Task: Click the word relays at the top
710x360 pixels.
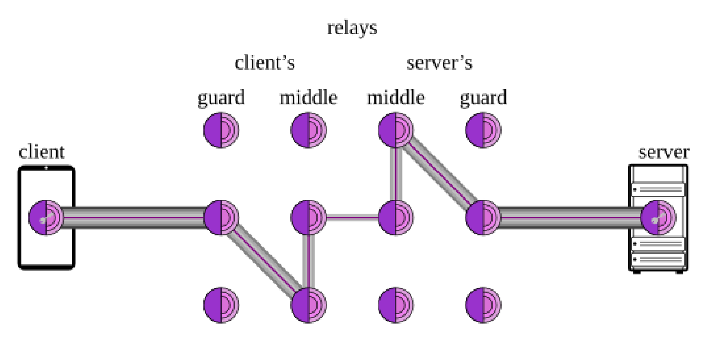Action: tap(352, 28)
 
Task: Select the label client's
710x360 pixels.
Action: tap(265, 63)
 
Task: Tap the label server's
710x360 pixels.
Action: tap(439, 63)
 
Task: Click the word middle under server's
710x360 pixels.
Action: tap(395, 98)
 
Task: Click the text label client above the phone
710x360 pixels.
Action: tap(41, 152)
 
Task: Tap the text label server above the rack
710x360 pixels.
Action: tap(664, 152)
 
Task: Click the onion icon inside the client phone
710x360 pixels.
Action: tap(45, 218)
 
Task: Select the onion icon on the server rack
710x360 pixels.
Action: tap(658, 218)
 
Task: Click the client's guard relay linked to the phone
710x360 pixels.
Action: tap(221, 218)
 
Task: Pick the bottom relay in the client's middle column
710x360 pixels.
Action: tap(308, 305)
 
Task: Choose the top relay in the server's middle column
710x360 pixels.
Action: tap(395, 130)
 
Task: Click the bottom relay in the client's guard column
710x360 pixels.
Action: tap(221, 305)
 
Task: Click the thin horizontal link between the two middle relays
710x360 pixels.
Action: tap(352, 218)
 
